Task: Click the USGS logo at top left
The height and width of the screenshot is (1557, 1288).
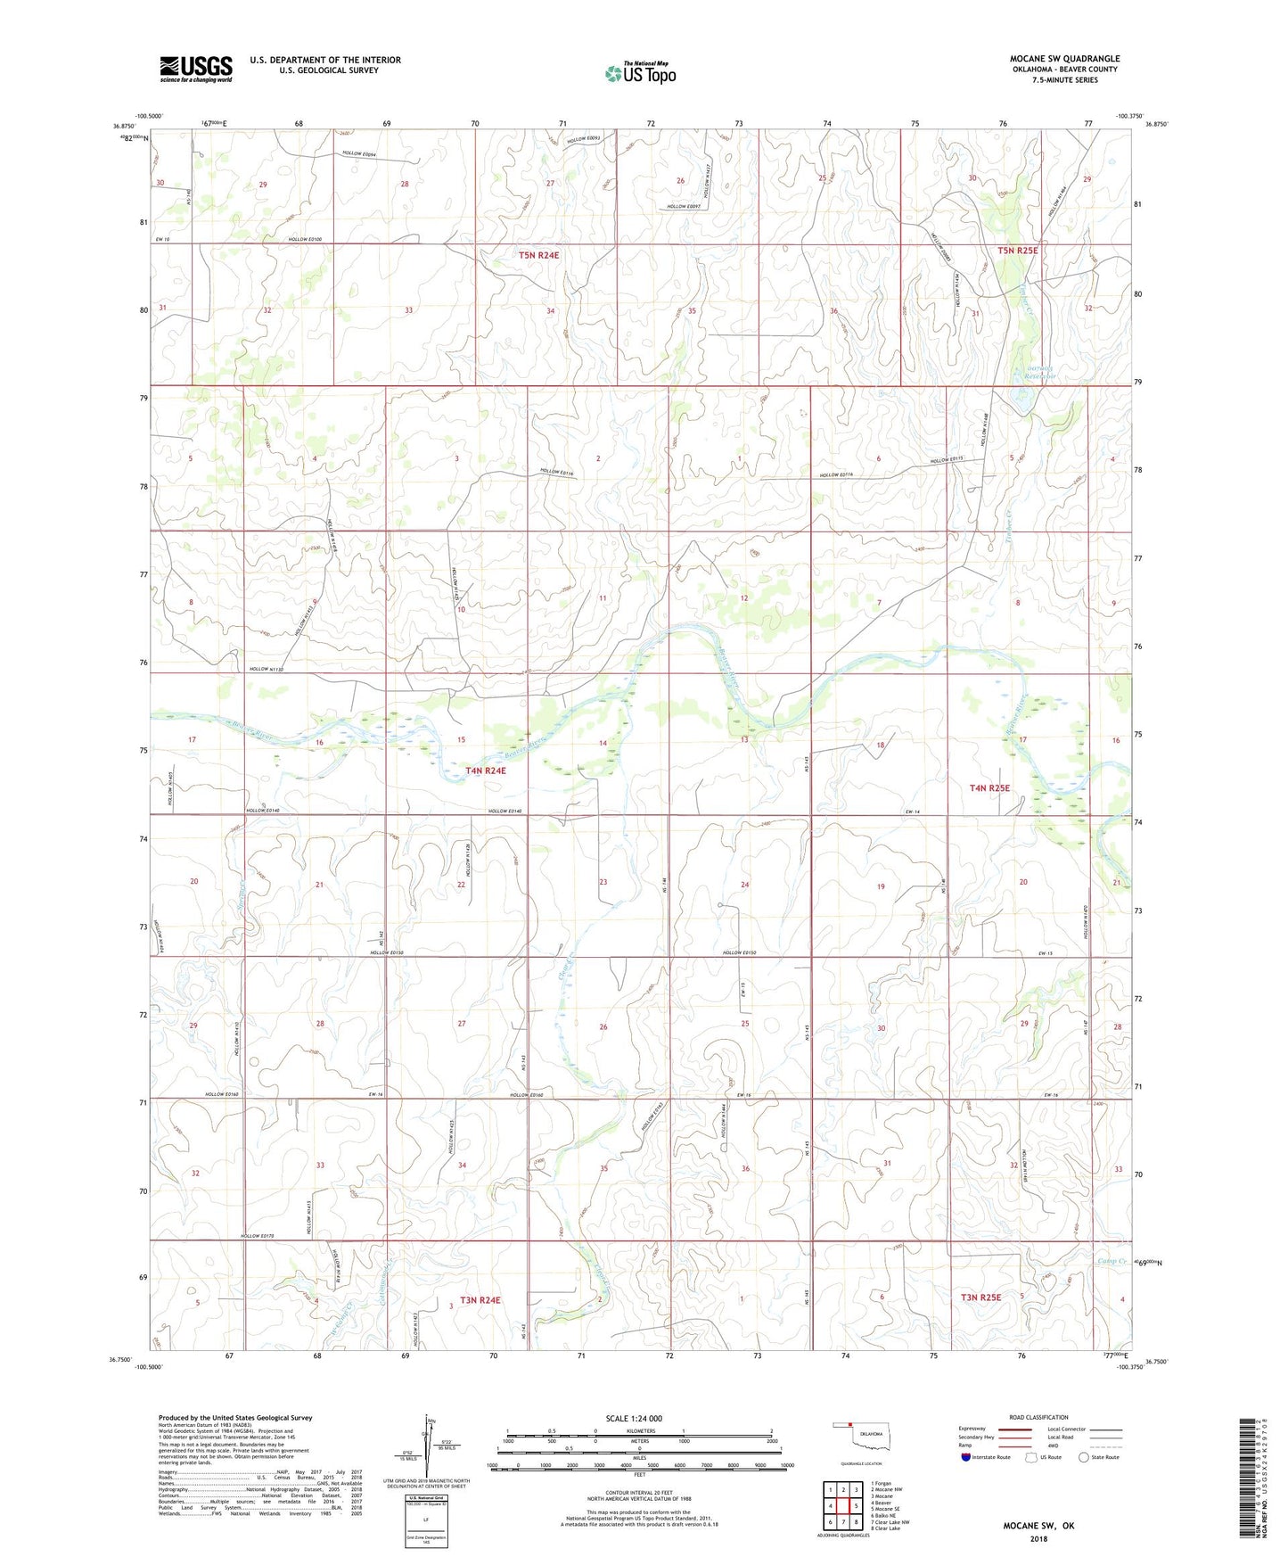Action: (x=196, y=69)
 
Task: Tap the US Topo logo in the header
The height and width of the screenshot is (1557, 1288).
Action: (x=640, y=73)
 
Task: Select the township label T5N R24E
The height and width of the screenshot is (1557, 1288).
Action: (x=539, y=255)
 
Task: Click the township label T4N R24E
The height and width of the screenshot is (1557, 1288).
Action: (x=485, y=770)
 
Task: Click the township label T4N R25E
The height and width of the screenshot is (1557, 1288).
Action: (x=989, y=788)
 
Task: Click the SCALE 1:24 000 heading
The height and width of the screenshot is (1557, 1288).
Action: (x=634, y=1419)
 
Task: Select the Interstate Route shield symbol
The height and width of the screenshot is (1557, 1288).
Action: (x=966, y=1457)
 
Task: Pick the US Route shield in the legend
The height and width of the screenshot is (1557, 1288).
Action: (x=1032, y=1457)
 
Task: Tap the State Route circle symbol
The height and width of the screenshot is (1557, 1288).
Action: (x=1084, y=1457)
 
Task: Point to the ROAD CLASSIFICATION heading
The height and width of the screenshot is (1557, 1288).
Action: (x=1038, y=1417)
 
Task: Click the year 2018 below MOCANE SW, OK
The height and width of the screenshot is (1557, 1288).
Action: (x=1038, y=1538)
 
